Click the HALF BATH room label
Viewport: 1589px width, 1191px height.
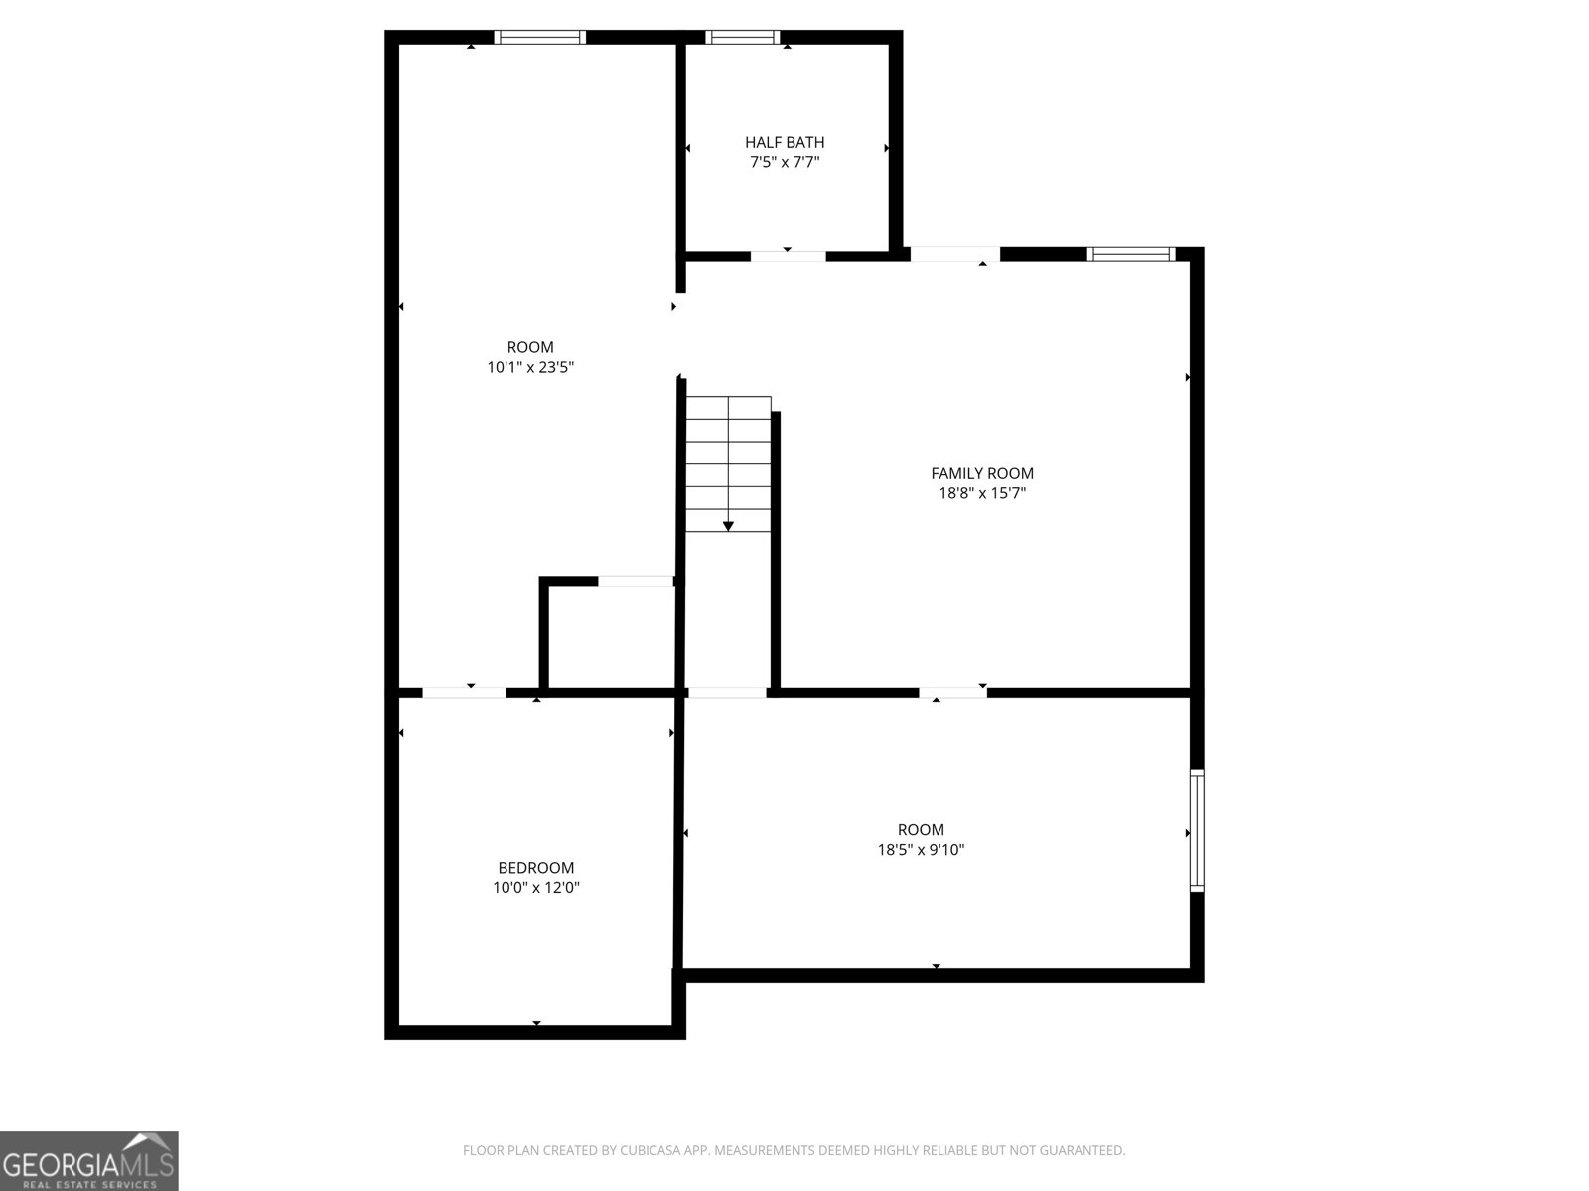pos(785,142)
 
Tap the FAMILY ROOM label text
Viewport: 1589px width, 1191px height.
pos(982,473)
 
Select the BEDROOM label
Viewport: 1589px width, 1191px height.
pos(536,868)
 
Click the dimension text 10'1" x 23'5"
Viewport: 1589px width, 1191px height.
pos(530,367)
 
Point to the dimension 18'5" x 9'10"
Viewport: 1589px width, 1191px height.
pos(921,850)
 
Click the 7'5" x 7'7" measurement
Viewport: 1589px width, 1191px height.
pos(785,162)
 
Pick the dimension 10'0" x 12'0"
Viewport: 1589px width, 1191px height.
pos(536,888)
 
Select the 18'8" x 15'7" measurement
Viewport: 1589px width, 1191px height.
pos(982,493)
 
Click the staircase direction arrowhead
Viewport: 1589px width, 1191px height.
pos(728,526)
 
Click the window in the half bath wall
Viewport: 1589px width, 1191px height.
pos(743,38)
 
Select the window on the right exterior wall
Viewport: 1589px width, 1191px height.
pos(1197,831)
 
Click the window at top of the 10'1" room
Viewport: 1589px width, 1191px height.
pos(540,38)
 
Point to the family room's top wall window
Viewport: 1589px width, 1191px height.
pos(1131,254)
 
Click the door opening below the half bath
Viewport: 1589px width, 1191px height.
pos(788,256)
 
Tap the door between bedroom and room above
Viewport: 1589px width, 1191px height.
pos(464,692)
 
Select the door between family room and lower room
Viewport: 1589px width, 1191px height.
pos(952,692)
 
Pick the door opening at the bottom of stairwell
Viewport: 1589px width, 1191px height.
pos(727,692)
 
